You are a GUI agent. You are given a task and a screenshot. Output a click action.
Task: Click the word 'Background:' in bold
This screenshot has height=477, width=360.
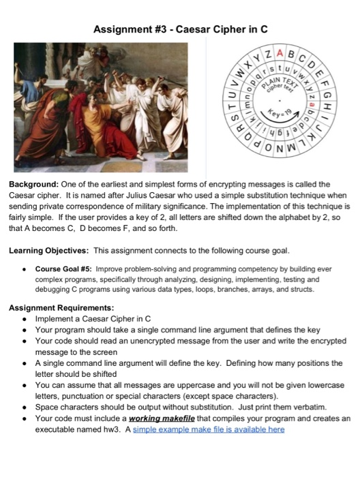tap(33, 184)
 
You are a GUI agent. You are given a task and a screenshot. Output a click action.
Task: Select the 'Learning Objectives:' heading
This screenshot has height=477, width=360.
tap(48, 250)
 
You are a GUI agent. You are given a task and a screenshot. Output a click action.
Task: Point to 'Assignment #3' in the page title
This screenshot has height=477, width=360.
tap(130, 29)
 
